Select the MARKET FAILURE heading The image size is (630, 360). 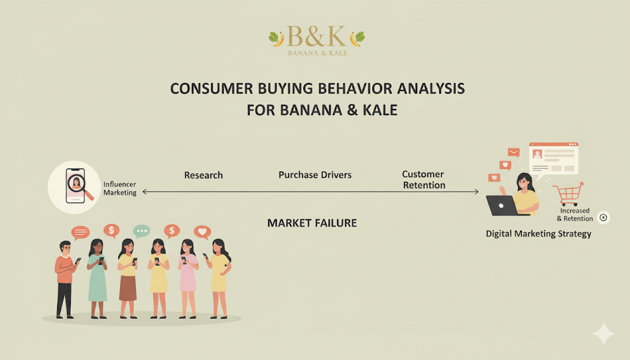(x=312, y=223)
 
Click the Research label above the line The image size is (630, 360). (x=203, y=175)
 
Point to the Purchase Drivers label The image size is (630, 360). (x=315, y=175)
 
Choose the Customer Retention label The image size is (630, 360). (x=424, y=180)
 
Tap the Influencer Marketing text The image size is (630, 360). (x=120, y=188)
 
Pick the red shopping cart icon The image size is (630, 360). (x=568, y=194)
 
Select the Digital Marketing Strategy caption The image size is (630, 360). (x=538, y=234)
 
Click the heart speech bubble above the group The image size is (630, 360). (x=202, y=232)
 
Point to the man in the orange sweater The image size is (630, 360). (x=65, y=279)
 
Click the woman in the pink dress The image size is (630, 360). (x=187, y=278)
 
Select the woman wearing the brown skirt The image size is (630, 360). (x=128, y=278)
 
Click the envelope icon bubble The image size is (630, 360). (x=514, y=152)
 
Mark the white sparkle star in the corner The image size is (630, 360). (x=604, y=333)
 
